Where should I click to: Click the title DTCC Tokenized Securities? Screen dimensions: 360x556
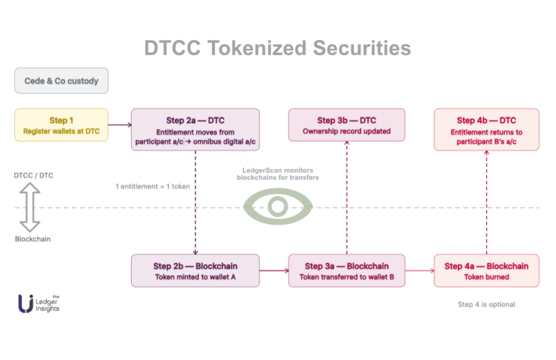click(277, 48)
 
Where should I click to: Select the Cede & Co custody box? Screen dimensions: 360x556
click(61, 80)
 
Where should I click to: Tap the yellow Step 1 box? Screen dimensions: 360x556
click(62, 125)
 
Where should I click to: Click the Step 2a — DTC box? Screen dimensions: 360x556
click(195, 130)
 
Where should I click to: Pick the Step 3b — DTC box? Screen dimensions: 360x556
click(346, 125)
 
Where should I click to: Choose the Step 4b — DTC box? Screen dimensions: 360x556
click(486, 130)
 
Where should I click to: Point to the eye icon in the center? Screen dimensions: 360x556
click(277, 206)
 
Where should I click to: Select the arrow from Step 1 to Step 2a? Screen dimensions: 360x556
click(119, 125)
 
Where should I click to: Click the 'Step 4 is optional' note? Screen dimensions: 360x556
click(486, 304)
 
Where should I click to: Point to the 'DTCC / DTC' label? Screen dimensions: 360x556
click(34, 175)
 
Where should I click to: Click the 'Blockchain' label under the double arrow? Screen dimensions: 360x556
click(32, 239)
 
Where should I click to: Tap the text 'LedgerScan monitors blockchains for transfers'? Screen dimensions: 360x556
click(277, 174)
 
